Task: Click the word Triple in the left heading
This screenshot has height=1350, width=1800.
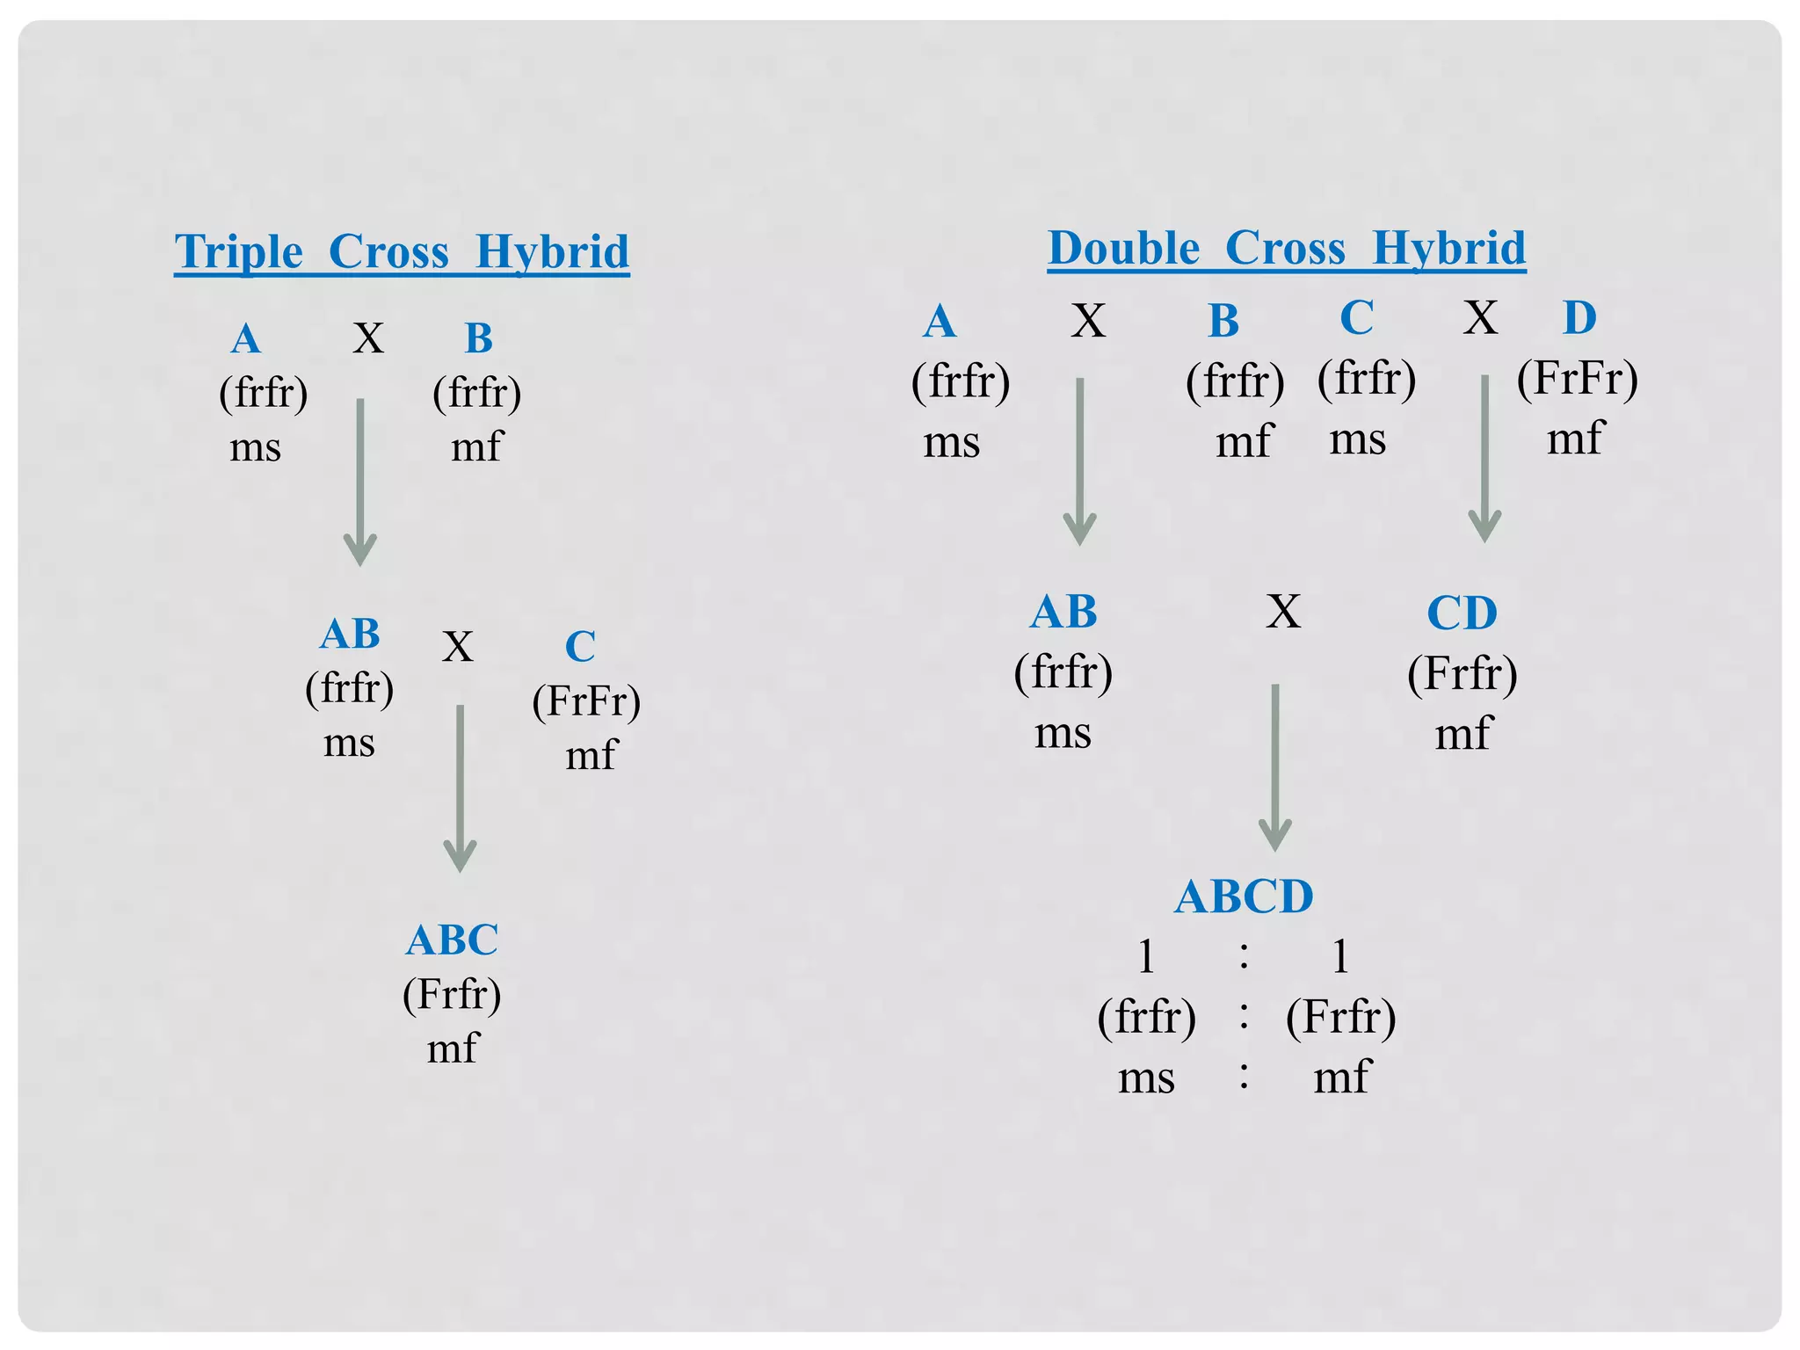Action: pyautogui.click(x=238, y=253)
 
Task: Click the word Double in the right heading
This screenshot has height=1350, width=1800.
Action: pyautogui.click(x=1123, y=249)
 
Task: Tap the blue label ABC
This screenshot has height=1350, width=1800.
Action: pyautogui.click(x=452, y=940)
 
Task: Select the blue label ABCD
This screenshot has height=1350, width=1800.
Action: pyautogui.click(x=1243, y=897)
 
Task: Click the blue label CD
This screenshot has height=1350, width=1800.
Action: pyautogui.click(x=1462, y=613)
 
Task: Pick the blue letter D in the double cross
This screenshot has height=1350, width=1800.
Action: pyautogui.click(x=1579, y=318)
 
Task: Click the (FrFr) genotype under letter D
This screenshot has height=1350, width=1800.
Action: pyautogui.click(x=1577, y=379)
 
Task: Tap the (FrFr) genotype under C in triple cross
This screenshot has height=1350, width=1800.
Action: pyautogui.click(x=586, y=701)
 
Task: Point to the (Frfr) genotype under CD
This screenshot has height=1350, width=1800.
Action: pyautogui.click(x=1462, y=674)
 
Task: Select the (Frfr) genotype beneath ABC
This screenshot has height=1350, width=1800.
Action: pyautogui.click(x=452, y=995)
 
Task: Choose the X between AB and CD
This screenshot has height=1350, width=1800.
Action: pyautogui.click(x=1283, y=612)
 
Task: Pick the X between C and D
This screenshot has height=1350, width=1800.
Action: pyautogui.click(x=1480, y=318)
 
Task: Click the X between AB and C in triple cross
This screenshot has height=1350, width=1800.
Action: pyautogui.click(x=457, y=648)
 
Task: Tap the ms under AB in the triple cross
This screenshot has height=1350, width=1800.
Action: pyautogui.click(x=349, y=744)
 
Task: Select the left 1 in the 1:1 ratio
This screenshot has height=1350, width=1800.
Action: pyautogui.click(x=1146, y=956)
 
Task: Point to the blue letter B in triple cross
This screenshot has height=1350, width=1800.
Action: pyautogui.click(x=478, y=338)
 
